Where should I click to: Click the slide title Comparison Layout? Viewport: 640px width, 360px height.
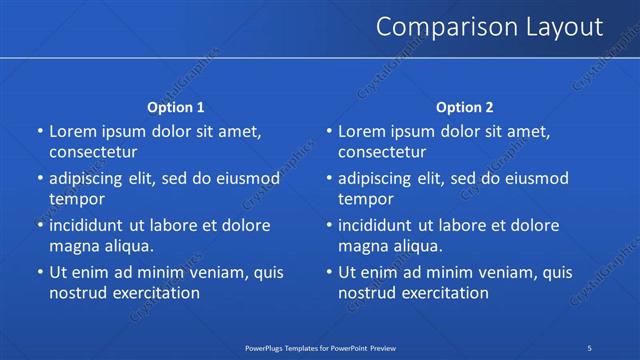pyautogui.click(x=489, y=27)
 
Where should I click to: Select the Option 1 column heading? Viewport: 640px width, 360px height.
pyautogui.click(x=176, y=107)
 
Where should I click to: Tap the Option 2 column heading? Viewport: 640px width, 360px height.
pyautogui.click(x=465, y=107)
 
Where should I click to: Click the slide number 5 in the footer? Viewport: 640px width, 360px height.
pyautogui.click(x=590, y=347)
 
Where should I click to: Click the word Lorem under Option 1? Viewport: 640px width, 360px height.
pyautogui.click(x=73, y=131)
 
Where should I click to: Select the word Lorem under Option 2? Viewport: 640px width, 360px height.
pyautogui.click(x=362, y=131)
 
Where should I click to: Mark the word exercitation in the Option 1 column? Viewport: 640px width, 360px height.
pyautogui.click(x=154, y=293)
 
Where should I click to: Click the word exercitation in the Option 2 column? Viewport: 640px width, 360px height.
pyautogui.click(x=443, y=293)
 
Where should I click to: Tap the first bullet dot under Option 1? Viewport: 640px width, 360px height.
pyautogui.click(x=40, y=131)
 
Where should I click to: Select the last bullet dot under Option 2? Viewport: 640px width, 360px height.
pyautogui.click(x=329, y=272)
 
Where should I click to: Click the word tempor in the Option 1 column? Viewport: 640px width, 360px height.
pyautogui.click(x=76, y=199)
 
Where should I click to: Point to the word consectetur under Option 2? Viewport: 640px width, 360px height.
pyautogui.click(x=382, y=152)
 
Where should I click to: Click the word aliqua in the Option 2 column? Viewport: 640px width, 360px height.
pyautogui.click(x=418, y=246)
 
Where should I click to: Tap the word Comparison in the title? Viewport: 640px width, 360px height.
pyautogui.click(x=435, y=27)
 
